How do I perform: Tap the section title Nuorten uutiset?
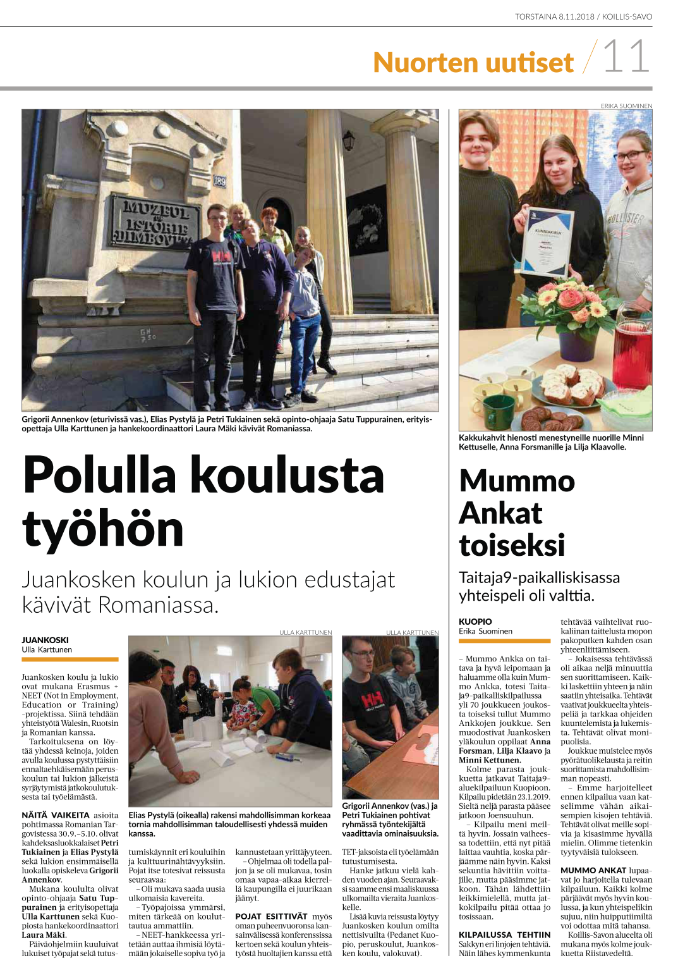click(x=473, y=63)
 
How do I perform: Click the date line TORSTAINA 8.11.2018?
click(x=554, y=16)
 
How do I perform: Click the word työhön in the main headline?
click(x=103, y=529)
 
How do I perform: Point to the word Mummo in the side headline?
click(x=517, y=481)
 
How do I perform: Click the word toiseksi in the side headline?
click(x=512, y=545)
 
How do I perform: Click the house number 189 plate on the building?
click(x=219, y=181)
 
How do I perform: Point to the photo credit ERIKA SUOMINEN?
click(x=626, y=106)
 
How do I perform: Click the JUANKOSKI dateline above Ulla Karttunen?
click(x=45, y=640)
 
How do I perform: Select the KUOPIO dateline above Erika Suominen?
click(x=475, y=622)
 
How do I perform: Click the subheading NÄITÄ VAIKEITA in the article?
click(x=56, y=815)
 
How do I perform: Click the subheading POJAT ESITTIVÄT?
click(x=271, y=916)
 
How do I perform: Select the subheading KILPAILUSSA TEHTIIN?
click(x=504, y=935)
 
